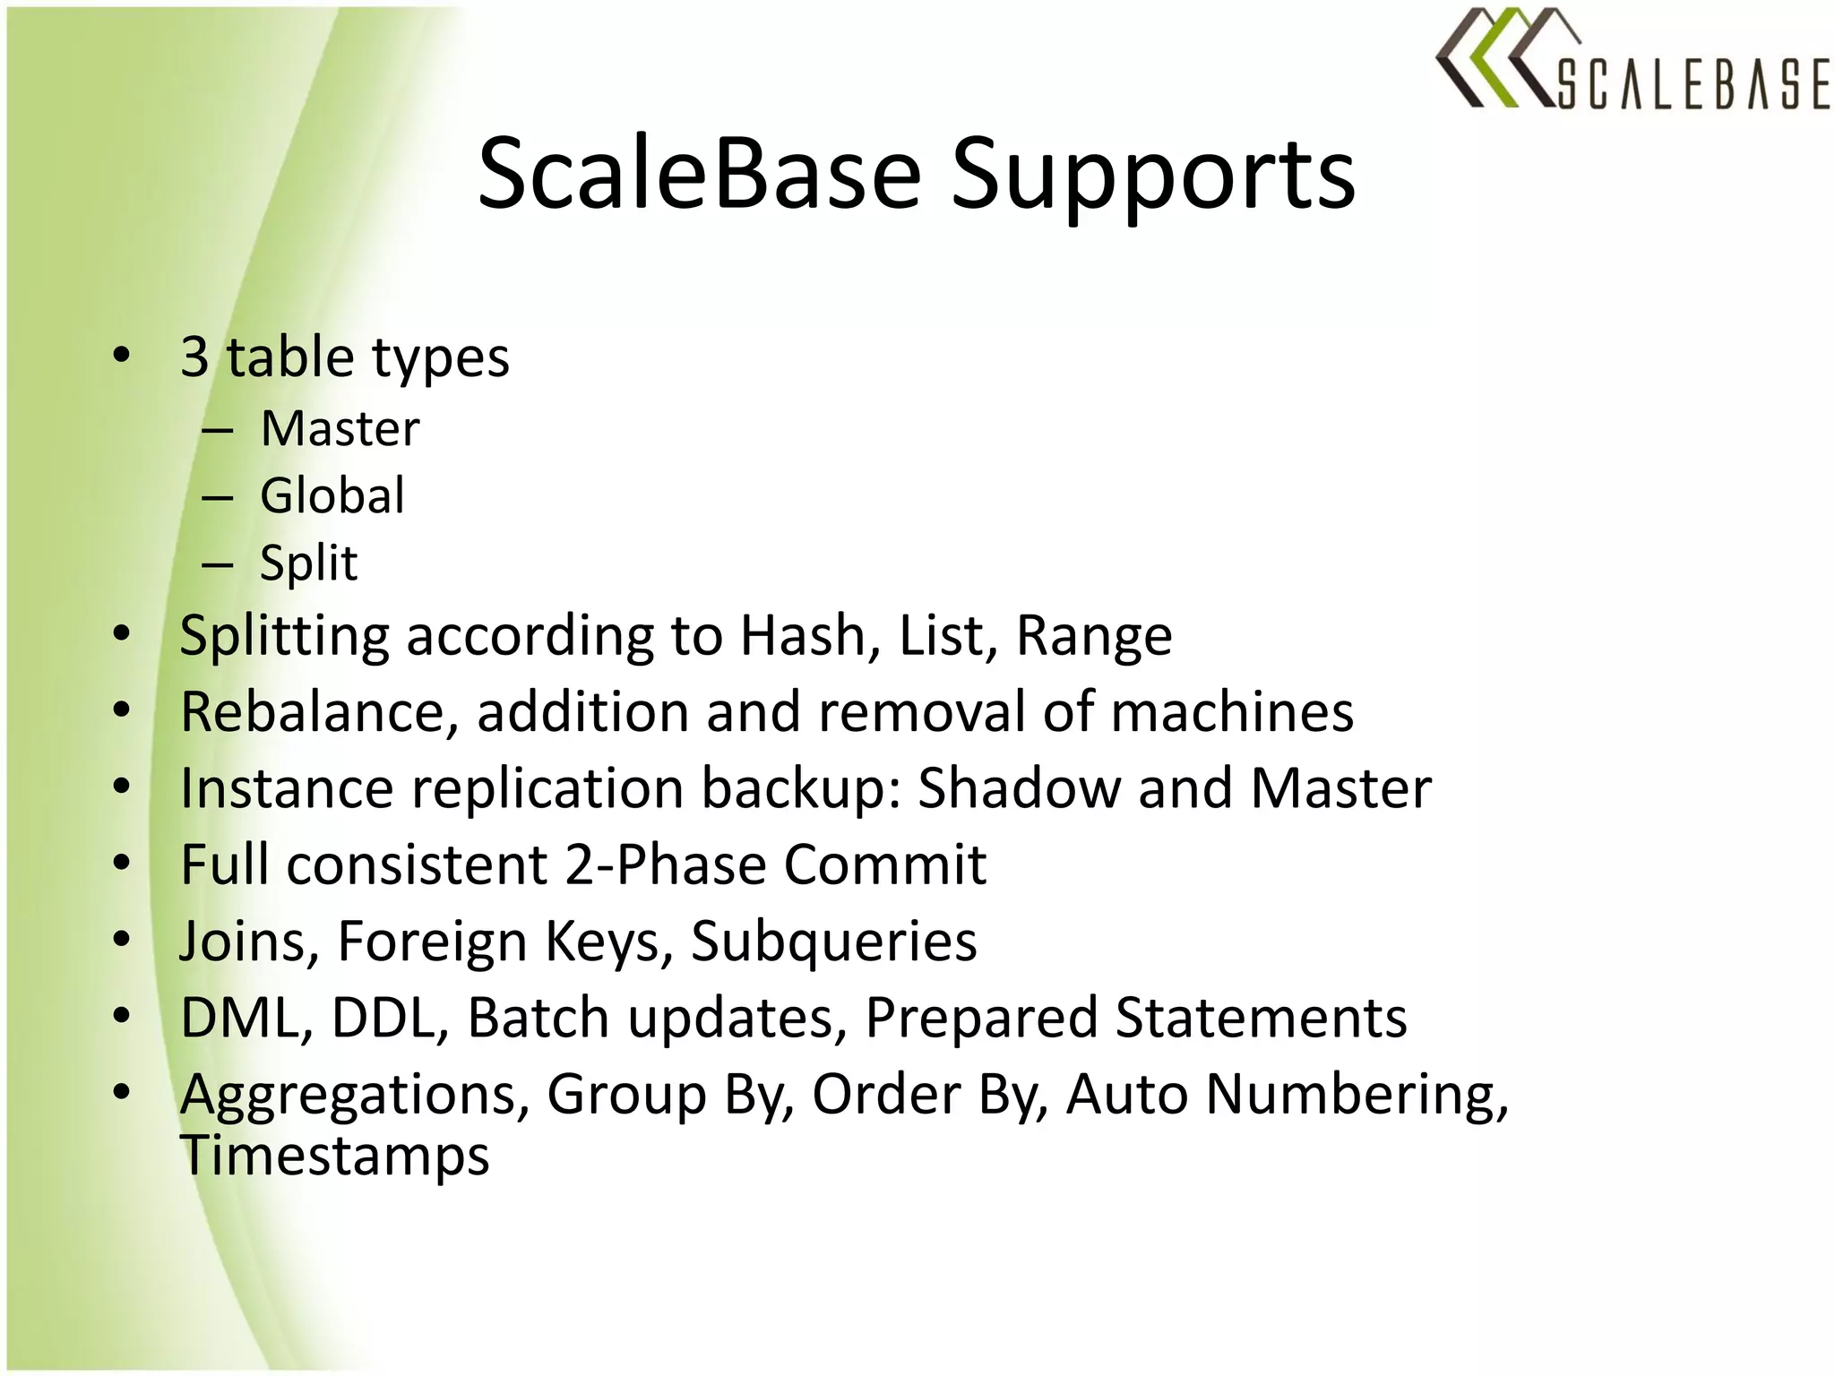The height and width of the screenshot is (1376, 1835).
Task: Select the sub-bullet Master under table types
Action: tap(340, 429)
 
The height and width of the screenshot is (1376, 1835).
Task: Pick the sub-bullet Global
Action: tap(332, 496)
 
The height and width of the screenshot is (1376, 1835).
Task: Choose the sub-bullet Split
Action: tap(308, 563)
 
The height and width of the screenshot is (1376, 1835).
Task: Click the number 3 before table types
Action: tap(194, 357)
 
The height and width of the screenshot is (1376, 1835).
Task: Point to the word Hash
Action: tap(801, 637)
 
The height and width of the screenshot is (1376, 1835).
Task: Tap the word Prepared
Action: tap(981, 1019)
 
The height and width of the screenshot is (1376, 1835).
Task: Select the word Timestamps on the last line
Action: tap(335, 1156)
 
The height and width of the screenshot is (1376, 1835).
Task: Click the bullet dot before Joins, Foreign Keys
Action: tap(123, 939)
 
